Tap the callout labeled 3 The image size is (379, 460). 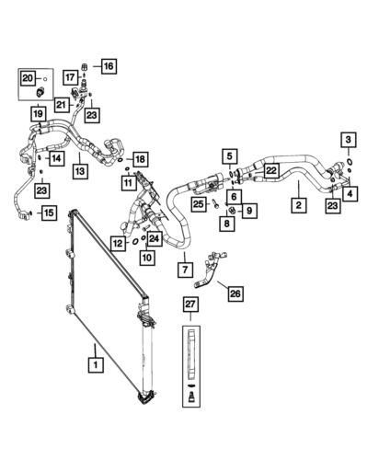click(x=348, y=139)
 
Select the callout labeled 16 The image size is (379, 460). click(x=108, y=66)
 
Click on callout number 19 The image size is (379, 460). click(x=37, y=114)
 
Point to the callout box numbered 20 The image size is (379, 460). click(x=28, y=78)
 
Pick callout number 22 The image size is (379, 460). click(x=270, y=170)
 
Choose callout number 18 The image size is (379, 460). click(x=140, y=159)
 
